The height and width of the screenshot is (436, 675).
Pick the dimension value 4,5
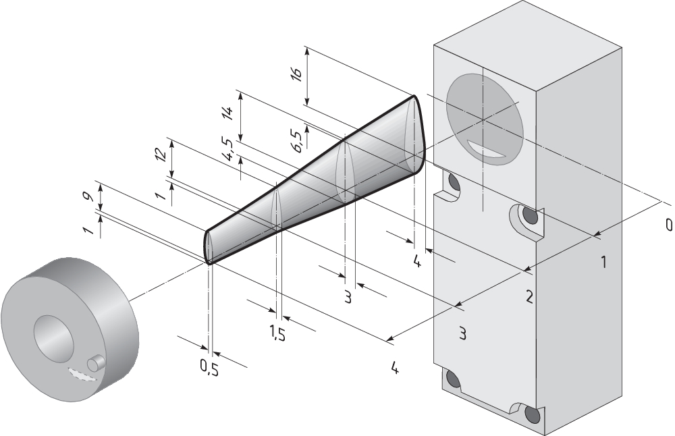227,150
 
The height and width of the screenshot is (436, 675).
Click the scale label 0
669,225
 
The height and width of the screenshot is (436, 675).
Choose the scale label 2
529,296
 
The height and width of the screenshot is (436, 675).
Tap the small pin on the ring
97,363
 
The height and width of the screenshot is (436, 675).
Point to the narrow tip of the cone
209,247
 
